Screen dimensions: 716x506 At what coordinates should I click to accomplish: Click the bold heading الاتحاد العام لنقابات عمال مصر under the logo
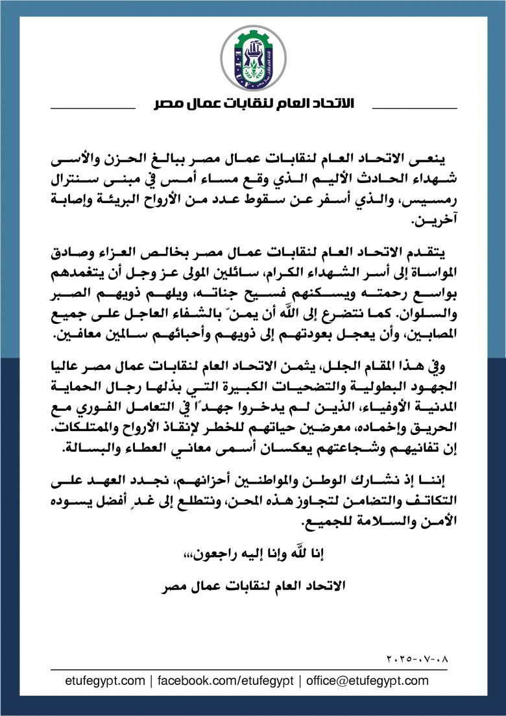pos(253,105)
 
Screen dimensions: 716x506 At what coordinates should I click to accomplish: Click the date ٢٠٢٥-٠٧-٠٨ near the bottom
pos(416,658)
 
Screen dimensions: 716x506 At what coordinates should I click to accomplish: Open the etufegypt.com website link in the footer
pos(106,681)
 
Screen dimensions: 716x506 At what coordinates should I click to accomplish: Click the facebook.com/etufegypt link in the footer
pos(226,681)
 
